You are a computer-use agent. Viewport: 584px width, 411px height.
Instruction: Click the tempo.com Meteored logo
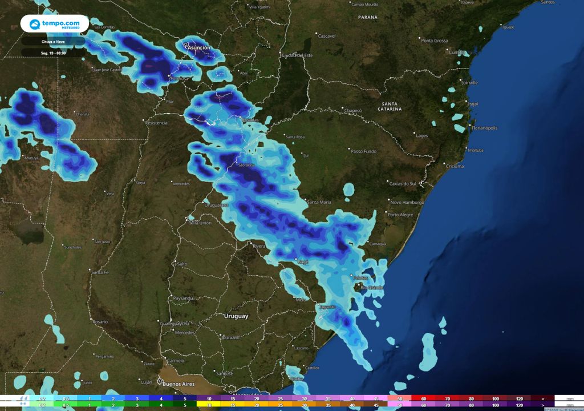[55, 24]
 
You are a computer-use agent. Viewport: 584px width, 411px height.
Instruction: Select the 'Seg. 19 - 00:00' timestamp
[53, 53]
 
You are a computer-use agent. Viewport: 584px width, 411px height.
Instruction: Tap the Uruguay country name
[236, 316]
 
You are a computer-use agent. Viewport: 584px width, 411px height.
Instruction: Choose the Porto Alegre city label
[400, 215]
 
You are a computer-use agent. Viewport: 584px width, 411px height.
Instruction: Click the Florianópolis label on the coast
[484, 128]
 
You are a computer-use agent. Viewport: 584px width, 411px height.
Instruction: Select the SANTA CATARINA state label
[390, 106]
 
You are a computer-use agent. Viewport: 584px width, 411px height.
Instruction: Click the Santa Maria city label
[319, 203]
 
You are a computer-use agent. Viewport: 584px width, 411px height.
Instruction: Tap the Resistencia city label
[156, 123]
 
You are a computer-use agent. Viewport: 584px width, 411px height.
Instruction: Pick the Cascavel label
[326, 36]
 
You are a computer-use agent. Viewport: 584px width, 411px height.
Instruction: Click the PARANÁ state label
[368, 17]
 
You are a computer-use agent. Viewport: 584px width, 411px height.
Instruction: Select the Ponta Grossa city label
[435, 41]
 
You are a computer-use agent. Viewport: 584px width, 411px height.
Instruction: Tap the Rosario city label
[100, 322]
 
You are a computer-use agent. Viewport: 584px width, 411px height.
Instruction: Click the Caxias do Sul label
[403, 184]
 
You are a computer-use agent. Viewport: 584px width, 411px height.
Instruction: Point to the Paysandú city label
[183, 298]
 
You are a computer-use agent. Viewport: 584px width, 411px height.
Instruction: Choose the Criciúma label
[455, 166]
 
